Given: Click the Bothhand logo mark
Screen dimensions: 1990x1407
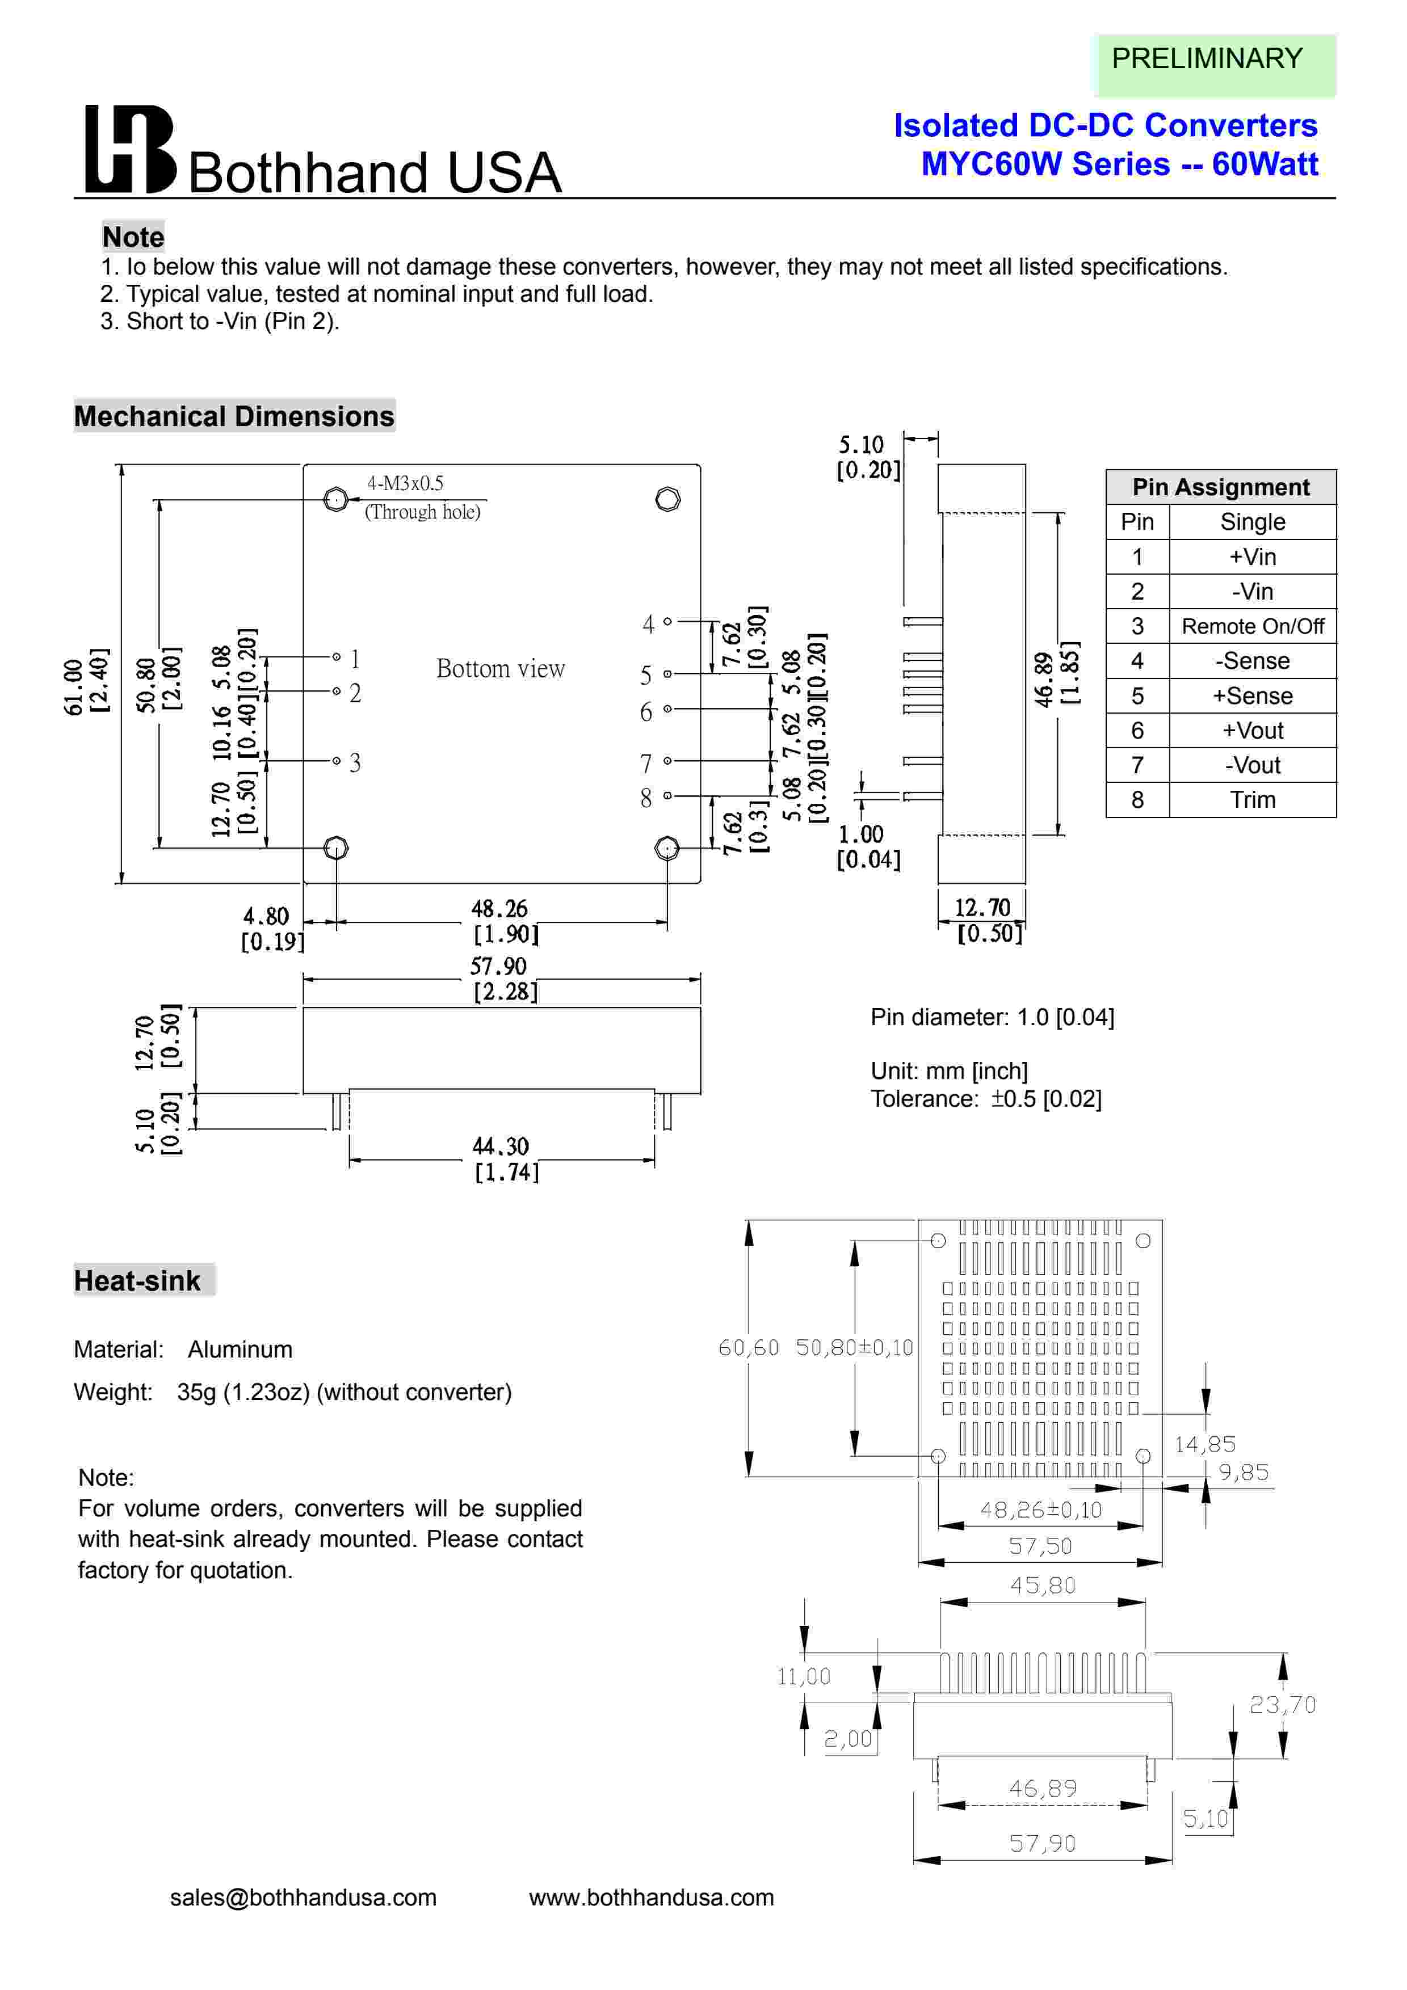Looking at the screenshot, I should click(x=130, y=149).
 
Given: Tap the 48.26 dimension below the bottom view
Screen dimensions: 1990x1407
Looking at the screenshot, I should click(x=499, y=909).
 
